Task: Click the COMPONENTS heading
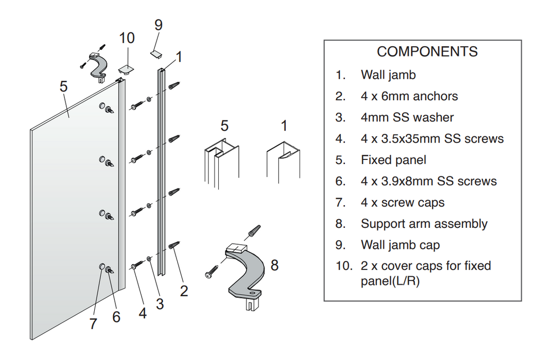[x=427, y=52]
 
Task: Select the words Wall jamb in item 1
[x=388, y=75]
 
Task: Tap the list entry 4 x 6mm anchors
[x=409, y=96]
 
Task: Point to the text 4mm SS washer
[x=407, y=117]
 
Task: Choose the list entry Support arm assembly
[x=424, y=224]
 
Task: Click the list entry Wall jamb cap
[x=400, y=245]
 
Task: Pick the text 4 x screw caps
[x=402, y=203]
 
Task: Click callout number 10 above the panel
[x=127, y=38]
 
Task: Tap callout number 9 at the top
[x=158, y=25]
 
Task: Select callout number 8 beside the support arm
[x=274, y=265]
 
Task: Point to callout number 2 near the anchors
[x=184, y=291]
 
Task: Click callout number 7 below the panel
[x=93, y=323]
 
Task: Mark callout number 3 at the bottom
[x=160, y=304]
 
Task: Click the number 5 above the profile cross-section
[x=224, y=125]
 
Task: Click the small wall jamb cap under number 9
[x=156, y=53]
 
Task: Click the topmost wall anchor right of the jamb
[x=174, y=84]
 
